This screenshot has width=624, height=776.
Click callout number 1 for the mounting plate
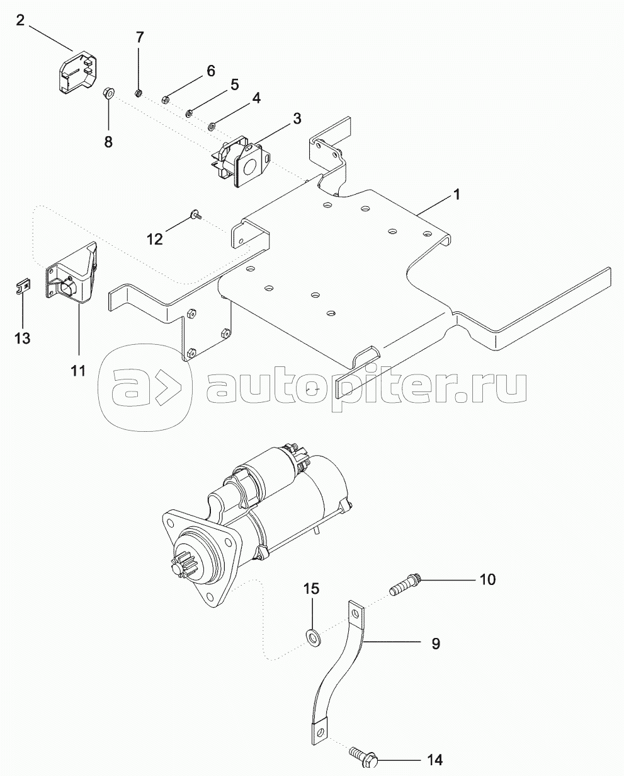click(x=458, y=196)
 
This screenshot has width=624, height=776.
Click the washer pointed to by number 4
click(x=213, y=125)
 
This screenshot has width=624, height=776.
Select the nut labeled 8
click(x=108, y=95)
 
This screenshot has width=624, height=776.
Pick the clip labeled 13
click(x=22, y=287)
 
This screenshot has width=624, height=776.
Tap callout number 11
click(x=78, y=371)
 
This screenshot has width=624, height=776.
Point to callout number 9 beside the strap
click(x=436, y=644)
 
